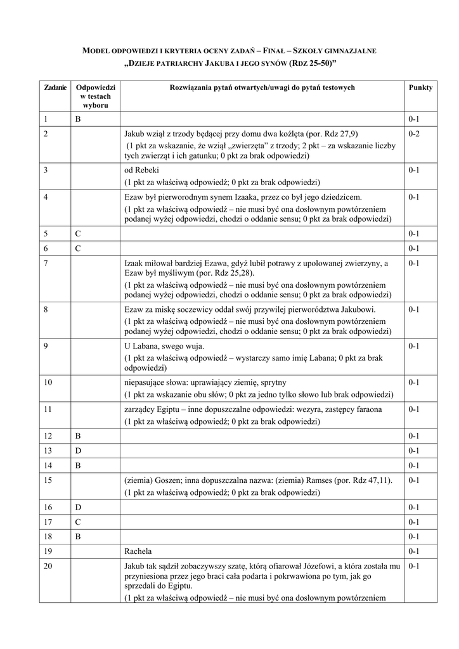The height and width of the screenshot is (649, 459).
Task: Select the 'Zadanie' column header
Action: [x=55, y=88]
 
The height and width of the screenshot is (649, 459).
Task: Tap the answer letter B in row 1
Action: [x=77, y=119]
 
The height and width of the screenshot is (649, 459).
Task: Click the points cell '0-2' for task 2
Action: [x=415, y=134]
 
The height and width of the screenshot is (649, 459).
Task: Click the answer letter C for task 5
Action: [x=77, y=234]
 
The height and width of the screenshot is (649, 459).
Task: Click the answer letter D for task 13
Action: [x=77, y=451]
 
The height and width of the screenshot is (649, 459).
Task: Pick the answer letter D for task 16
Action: [x=77, y=508]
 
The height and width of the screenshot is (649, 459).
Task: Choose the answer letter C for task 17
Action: [x=77, y=522]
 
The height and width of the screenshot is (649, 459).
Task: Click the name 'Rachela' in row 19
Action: [x=138, y=551]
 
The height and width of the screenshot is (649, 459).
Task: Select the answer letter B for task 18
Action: [x=77, y=536]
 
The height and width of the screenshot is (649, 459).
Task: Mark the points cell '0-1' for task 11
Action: [x=415, y=410]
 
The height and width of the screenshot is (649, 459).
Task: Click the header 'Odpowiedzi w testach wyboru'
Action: [x=94, y=96]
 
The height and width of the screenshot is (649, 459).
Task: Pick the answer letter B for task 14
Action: [x=77, y=465]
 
